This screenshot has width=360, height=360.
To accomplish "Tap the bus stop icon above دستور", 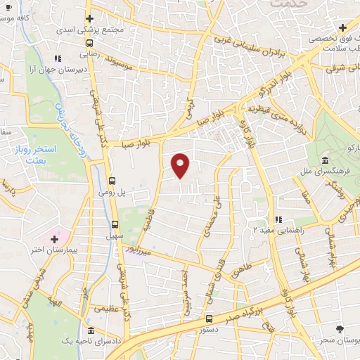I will coord(208,319).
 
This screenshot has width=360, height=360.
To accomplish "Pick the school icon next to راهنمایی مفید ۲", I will coord(278,219).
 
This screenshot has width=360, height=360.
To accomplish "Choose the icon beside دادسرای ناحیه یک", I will coord(91,330).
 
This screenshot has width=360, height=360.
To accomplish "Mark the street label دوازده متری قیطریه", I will coord(273,108).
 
